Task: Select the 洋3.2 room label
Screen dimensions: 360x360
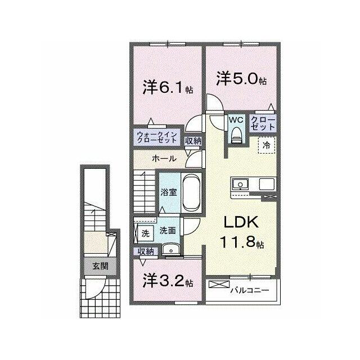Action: click(x=168, y=281)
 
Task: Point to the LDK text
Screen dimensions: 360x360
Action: click(x=241, y=222)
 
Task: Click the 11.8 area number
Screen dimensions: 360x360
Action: click(x=238, y=241)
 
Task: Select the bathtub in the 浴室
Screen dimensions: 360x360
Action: click(x=191, y=192)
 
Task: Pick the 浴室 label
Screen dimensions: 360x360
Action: click(x=169, y=192)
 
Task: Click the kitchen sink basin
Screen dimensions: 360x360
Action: click(x=240, y=184)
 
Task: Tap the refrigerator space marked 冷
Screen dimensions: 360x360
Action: click(x=266, y=145)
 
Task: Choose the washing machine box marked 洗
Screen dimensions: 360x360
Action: click(x=145, y=233)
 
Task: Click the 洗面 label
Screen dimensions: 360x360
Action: click(x=168, y=231)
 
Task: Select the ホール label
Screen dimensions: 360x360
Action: click(x=164, y=159)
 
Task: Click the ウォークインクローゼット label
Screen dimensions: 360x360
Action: click(x=157, y=137)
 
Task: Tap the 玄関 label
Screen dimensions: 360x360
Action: click(x=100, y=266)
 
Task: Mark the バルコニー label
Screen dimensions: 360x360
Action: click(x=250, y=290)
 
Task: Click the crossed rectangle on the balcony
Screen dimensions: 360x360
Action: click(x=219, y=284)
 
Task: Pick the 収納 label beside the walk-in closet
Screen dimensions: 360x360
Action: click(x=193, y=141)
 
